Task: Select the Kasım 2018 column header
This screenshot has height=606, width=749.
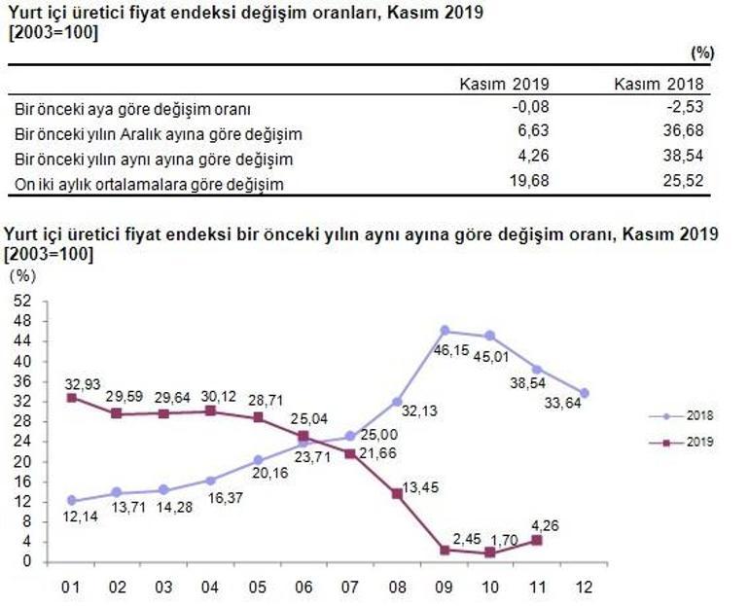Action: tap(659, 85)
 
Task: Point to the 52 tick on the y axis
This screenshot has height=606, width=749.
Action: tap(26, 300)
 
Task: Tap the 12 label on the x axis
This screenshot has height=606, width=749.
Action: tap(584, 588)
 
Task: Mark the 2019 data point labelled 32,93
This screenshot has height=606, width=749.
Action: tap(71, 398)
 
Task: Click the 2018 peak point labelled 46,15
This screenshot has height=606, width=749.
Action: tap(445, 331)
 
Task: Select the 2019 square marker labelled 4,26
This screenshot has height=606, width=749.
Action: tap(537, 540)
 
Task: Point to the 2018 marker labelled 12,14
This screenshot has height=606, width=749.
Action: tap(71, 501)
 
